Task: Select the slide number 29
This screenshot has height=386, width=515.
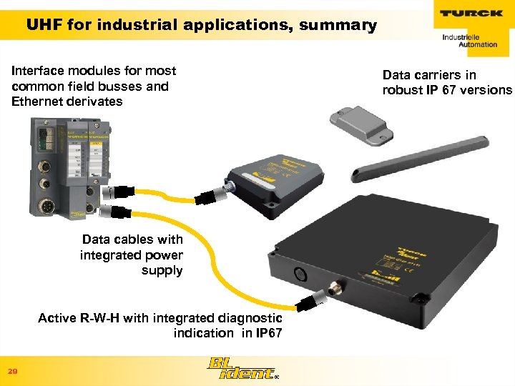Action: (12, 372)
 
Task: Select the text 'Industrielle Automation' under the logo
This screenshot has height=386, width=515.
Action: (469, 40)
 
